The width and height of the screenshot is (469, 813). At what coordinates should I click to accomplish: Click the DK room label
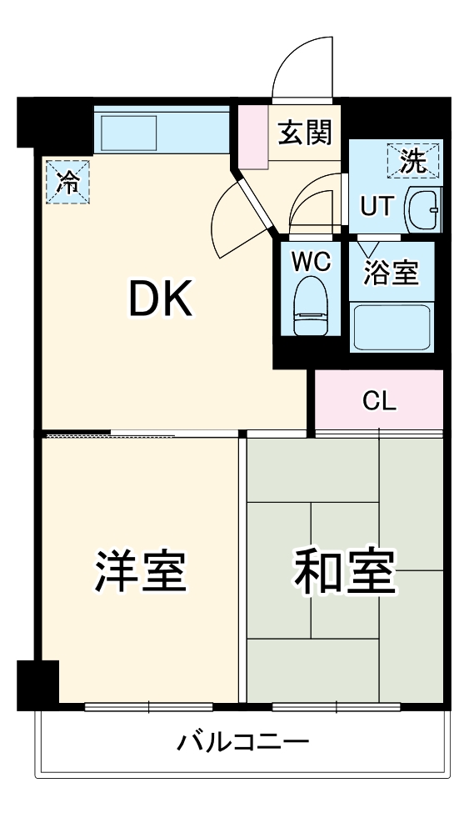point(161,298)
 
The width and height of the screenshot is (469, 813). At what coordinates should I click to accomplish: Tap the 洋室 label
point(138,571)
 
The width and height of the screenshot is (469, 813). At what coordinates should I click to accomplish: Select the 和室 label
point(343,571)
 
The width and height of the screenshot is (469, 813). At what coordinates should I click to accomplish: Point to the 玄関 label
point(305,132)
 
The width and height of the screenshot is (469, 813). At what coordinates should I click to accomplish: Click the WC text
point(311,262)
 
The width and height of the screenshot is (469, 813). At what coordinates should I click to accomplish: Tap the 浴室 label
point(392,273)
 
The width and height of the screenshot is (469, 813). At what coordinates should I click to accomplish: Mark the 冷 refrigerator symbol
point(66,180)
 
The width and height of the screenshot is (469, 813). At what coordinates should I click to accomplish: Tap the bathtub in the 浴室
point(391,326)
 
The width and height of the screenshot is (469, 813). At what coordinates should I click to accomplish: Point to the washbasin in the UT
point(422,209)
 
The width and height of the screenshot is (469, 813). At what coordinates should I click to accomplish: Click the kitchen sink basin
point(130,131)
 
